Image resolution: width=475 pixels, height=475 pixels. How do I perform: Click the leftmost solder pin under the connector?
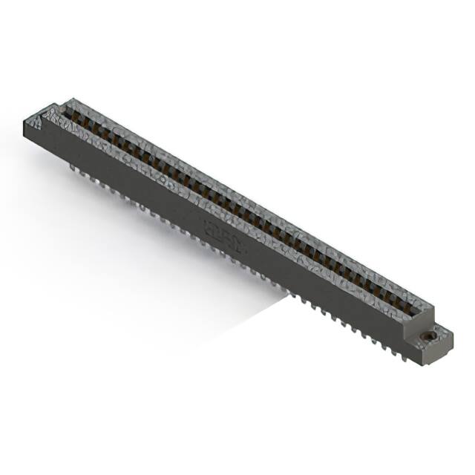point(72,168)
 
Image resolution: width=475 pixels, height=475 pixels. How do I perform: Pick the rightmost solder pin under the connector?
point(404,356)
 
